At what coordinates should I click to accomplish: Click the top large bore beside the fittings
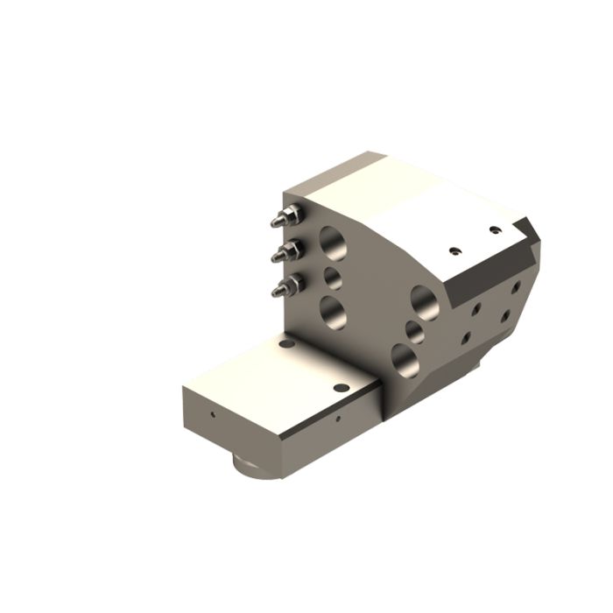[x=333, y=243]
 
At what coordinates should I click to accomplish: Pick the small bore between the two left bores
[x=333, y=278]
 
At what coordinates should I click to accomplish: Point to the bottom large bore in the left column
[x=333, y=311]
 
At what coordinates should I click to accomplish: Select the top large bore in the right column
[x=426, y=301]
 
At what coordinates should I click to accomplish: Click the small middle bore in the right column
[x=415, y=331]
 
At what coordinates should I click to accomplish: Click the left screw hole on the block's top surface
[x=454, y=249]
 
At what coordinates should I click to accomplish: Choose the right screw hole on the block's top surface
[x=495, y=230]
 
